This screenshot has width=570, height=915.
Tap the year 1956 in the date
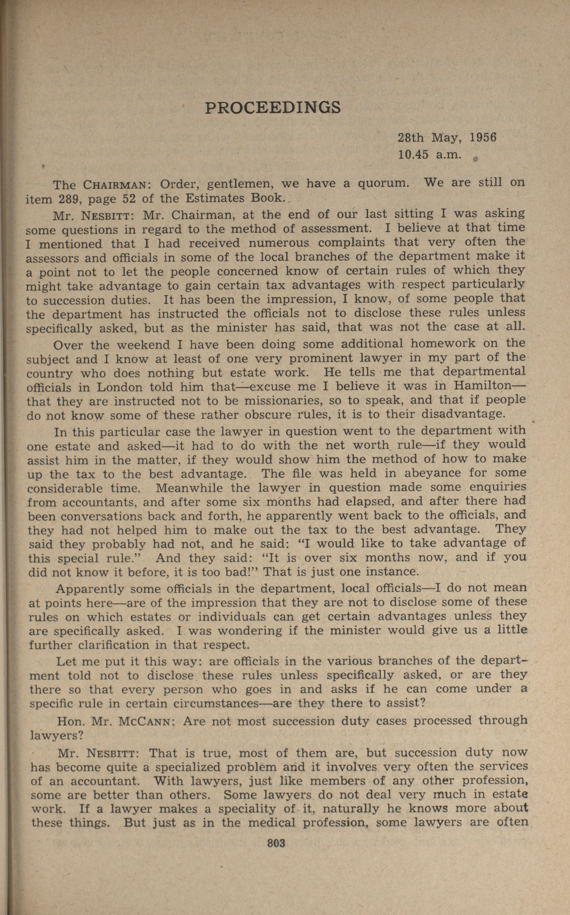point(483,138)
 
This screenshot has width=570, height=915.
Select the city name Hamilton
point(485,386)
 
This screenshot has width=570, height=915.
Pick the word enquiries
point(497,487)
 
